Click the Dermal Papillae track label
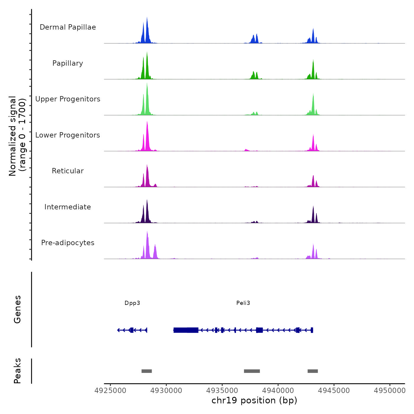pyautogui.click(x=68, y=27)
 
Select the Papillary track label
pyautogui.click(x=68, y=63)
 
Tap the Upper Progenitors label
pyautogui.click(x=68, y=99)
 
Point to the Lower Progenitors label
pyautogui.click(x=68, y=135)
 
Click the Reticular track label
pyautogui.click(x=68, y=171)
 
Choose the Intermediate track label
pyautogui.click(x=68, y=207)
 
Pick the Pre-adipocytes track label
pyautogui.click(x=68, y=243)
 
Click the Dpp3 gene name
pyautogui.click(x=132, y=303)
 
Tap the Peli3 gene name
pyautogui.click(x=243, y=303)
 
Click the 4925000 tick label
pyautogui.click(x=110, y=391)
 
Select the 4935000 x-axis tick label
pyautogui.click(x=222, y=391)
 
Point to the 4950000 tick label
pyautogui.click(x=389, y=391)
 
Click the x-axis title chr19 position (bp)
pyautogui.click(x=254, y=400)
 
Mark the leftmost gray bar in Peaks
pyautogui.click(x=147, y=371)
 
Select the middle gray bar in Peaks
pyautogui.click(x=252, y=371)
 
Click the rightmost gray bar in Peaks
pyautogui.click(x=313, y=371)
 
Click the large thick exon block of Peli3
pyautogui.click(x=186, y=330)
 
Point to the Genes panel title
pyautogui.click(x=17, y=309)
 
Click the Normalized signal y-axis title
pyautogui.click(x=17, y=136)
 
